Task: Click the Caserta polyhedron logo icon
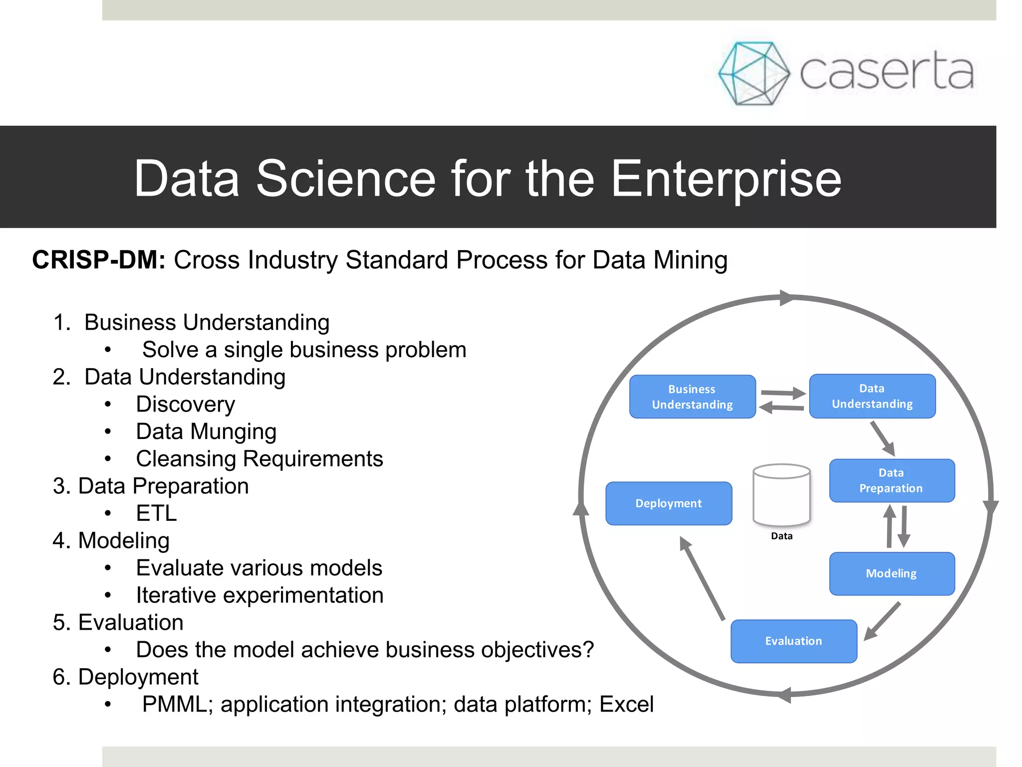(x=754, y=73)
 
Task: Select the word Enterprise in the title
(x=726, y=179)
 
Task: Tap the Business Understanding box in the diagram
(x=692, y=396)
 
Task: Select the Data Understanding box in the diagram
(x=872, y=396)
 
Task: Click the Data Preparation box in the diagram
(x=891, y=480)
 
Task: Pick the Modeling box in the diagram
(x=891, y=573)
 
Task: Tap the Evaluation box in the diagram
(x=793, y=641)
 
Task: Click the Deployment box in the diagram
(x=669, y=503)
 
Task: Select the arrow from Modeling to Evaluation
(x=883, y=621)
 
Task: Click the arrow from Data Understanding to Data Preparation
(x=883, y=438)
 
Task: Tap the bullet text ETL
(x=156, y=513)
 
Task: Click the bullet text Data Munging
(x=206, y=432)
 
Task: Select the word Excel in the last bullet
(x=626, y=705)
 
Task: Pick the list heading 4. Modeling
(x=111, y=541)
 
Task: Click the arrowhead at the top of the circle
(x=786, y=298)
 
